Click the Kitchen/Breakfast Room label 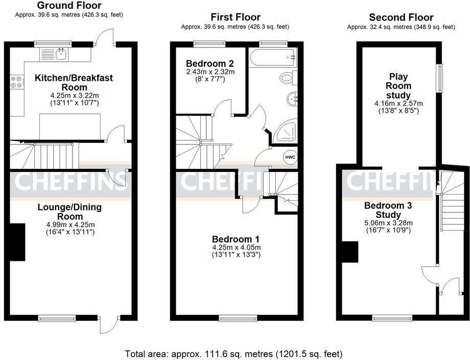tap(74, 82)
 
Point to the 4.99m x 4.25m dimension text tap(69, 224)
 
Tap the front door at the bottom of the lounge tap(109, 323)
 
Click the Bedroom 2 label tap(210, 63)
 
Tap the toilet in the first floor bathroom tap(287, 78)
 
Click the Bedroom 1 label tap(236, 239)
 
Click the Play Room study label tap(398, 86)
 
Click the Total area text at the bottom tap(233, 353)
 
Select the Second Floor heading tap(401, 17)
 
